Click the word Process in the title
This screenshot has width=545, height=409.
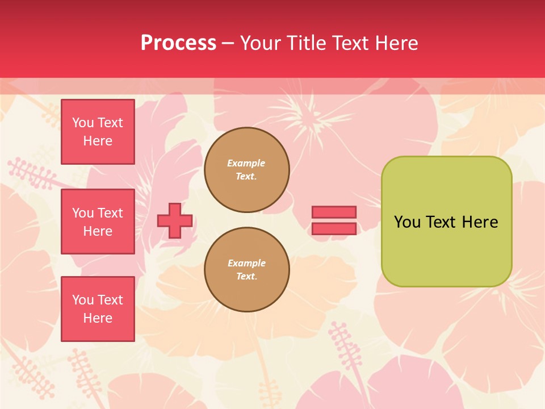click(178, 43)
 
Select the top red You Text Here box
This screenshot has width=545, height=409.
click(98, 132)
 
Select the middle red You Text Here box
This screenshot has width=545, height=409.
click(98, 222)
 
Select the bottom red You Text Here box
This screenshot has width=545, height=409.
click(98, 309)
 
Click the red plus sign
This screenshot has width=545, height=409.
click(175, 220)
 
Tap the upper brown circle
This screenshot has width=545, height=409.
click(247, 170)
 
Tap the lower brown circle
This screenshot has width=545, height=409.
click(247, 270)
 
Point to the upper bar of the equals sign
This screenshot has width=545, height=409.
click(334, 212)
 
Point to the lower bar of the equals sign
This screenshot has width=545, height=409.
click(334, 228)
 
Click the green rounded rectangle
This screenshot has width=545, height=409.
click(446, 250)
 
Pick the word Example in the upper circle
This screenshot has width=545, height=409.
click(246, 163)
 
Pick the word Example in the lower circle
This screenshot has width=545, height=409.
click(246, 263)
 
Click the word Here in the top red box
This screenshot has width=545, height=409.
click(98, 141)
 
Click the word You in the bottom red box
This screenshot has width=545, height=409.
click(83, 300)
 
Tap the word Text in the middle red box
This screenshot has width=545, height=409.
click(110, 213)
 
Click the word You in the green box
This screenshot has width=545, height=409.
click(407, 222)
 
